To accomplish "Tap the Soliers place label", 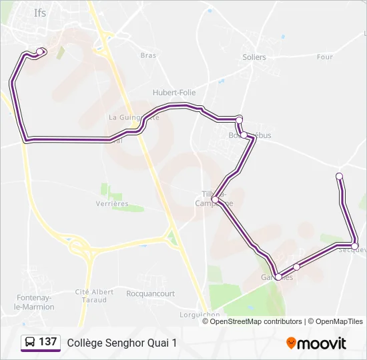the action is point(254,57).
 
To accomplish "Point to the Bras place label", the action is point(147,55).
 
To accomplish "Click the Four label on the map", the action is point(325,57).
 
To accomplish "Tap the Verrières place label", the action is point(111,203).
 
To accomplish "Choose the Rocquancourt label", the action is point(150,293).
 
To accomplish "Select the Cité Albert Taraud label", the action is point(94,296).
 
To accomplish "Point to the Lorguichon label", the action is point(200,315).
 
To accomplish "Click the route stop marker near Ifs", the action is point(40,51).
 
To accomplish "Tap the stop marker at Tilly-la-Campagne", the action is point(216,199).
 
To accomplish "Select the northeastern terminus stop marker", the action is point(339,176).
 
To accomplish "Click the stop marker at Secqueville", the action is point(355,247).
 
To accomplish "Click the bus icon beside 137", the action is point(29,343).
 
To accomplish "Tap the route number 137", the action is point(48,343).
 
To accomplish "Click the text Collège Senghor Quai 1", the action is point(122,343).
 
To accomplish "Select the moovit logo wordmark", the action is point(322,343).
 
